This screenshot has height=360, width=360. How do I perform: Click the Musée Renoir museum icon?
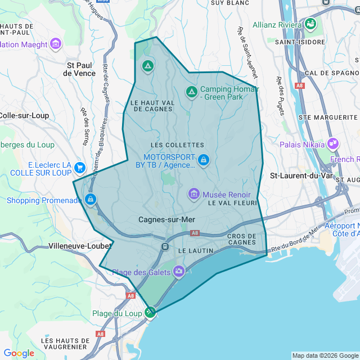coord(194,194)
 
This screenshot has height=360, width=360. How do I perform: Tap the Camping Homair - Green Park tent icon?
coord(191,91)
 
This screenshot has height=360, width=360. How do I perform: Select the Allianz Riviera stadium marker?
coord(310,24)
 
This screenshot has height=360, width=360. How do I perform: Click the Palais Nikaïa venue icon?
coord(333,144)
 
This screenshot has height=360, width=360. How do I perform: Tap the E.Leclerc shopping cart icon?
coord(79,167)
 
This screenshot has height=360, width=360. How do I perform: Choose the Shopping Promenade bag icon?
coord(91,199)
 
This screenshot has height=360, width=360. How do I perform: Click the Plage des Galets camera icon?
coord(179,272)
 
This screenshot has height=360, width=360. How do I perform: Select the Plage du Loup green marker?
coord(150,312)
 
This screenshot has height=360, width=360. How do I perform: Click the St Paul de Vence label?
coord(79,69)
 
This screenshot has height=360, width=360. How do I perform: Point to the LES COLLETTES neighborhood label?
coord(177,145)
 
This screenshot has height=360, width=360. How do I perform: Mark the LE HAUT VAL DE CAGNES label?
coord(152,106)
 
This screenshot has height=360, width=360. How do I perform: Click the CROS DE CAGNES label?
coord(242,238)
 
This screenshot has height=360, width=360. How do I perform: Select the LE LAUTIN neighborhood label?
coord(195,250)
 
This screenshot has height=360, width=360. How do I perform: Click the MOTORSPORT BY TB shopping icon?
coord(204,160)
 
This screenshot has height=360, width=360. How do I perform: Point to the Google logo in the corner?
coord(19,353)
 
